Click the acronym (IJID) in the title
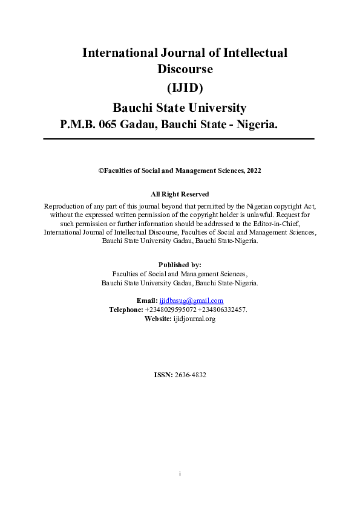coord(180,88)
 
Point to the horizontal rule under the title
coord(179,139)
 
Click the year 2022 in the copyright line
coord(254,171)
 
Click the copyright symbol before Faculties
coord(101,171)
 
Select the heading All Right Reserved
coord(180,194)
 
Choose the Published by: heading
coord(180,265)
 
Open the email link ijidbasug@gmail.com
coord(191,300)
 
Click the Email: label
coord(146,300)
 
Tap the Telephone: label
coord(126,310)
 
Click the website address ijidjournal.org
coord(194,319)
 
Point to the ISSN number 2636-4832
coord(190,375)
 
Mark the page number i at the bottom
coord(180,473)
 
